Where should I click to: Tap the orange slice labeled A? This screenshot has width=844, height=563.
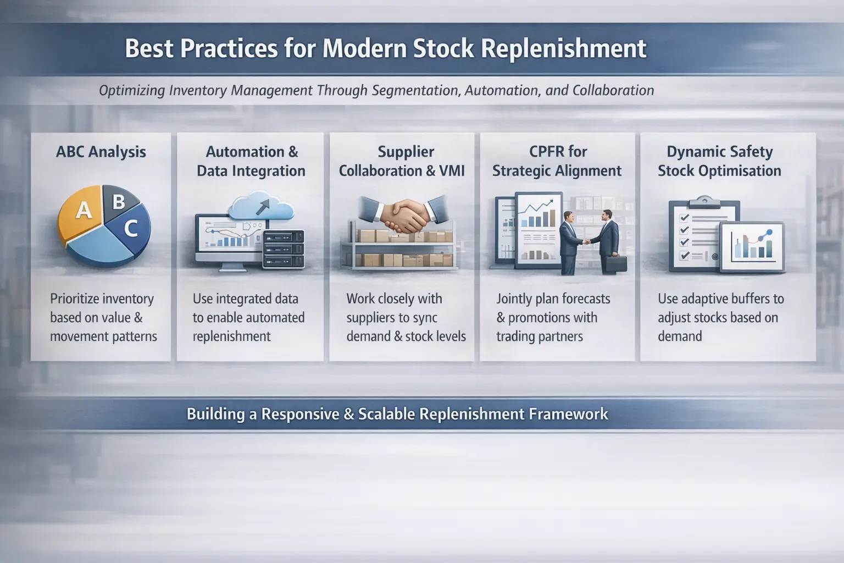tap(81, 213)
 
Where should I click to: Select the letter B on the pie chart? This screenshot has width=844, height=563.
tap(119, 202)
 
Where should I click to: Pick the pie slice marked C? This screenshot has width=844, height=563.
tap(130, 228)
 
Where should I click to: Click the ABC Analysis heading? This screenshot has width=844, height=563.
tap(101, 152)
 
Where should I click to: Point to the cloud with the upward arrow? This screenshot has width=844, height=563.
tap(261, 207)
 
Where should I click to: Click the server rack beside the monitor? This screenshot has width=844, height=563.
tap(284, 249)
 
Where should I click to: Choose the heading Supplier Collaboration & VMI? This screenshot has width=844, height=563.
tap(402, 161)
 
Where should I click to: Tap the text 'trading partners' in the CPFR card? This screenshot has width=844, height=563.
tap(540, 336)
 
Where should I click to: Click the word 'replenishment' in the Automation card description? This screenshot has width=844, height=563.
tap(231, 336)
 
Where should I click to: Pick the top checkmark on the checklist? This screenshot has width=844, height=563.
tap(684, 218)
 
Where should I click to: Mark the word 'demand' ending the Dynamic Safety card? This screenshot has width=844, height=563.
tap(680, 336)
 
